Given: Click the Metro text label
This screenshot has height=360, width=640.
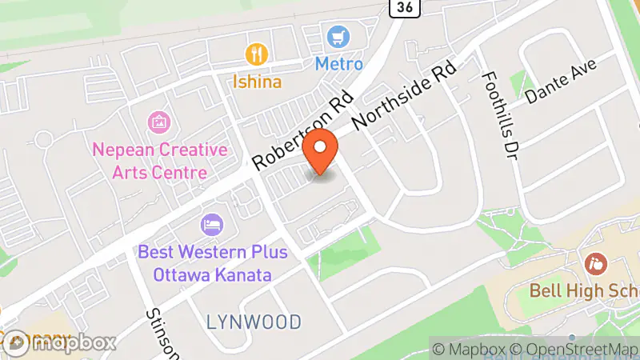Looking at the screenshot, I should click(x=338, y=62).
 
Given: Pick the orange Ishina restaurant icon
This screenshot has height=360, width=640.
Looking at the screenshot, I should click(x=256, y=54).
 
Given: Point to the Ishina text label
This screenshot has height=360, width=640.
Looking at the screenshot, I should click(x=256, y=81).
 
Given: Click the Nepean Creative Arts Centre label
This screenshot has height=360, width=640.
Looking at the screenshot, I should click(x=160, y=161).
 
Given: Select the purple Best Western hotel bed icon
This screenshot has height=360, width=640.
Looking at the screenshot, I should click(x=212, y=224).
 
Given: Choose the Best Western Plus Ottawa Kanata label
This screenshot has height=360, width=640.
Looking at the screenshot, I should click(x=213, y=263).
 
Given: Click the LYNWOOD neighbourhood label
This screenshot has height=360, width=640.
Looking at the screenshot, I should click(x=254, y=322).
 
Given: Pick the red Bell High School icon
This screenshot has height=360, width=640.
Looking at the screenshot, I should click(x=594, y=262).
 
